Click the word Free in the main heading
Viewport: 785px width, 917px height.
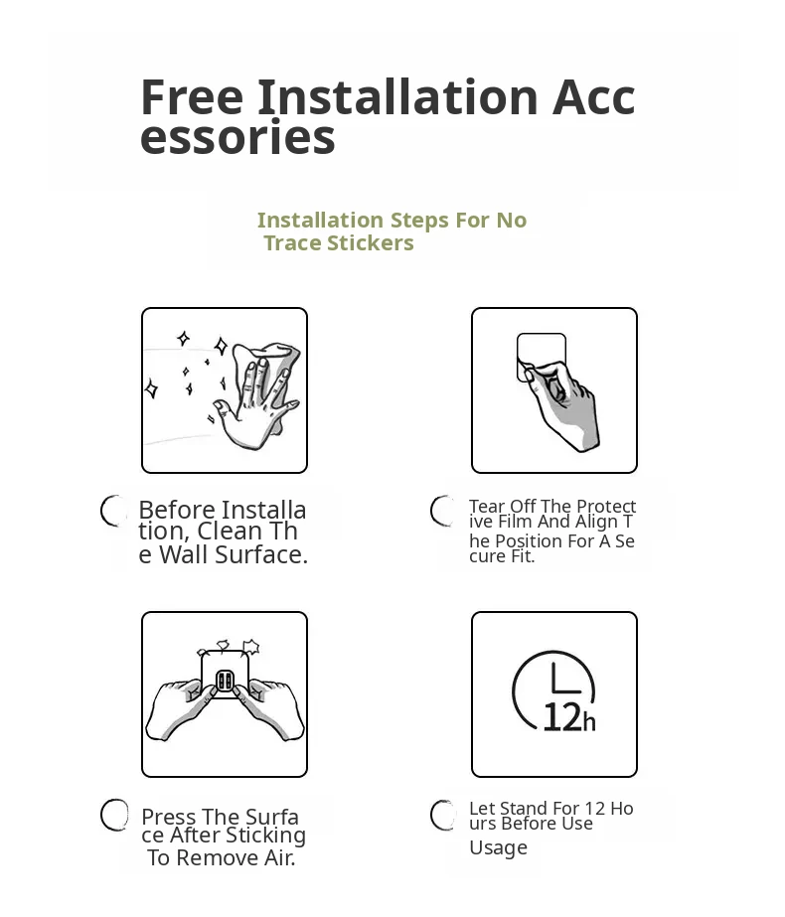[192, 97]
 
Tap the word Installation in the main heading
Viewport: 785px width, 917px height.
[397, 97]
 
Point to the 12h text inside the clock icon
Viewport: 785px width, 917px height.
[569, 717]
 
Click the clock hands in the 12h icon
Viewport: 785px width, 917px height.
[563, 682]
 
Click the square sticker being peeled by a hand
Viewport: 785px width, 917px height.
[542, 357]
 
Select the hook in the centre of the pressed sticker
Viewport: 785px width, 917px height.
[226, 681]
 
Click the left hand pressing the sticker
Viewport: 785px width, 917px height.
[179, 708]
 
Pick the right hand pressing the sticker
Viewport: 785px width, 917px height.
[271, 708]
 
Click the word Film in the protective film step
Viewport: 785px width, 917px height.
[515, 521]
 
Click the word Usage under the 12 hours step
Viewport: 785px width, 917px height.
[499, 848]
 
